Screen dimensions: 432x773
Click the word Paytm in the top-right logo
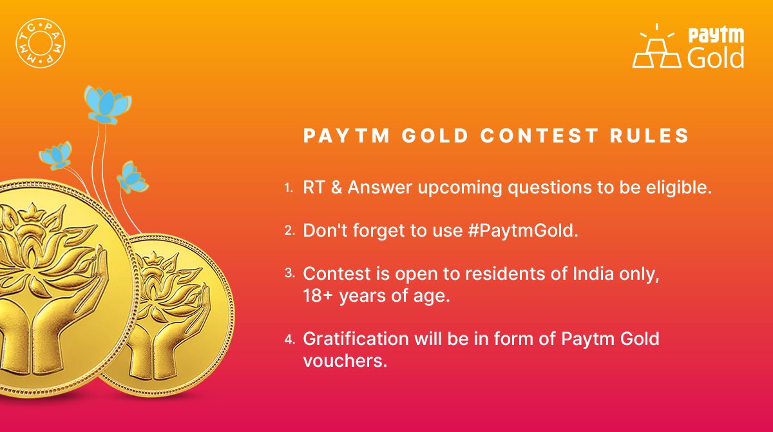tap(716, 36)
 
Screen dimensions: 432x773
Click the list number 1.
tap(288, 188)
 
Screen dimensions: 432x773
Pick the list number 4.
tap(289, 339)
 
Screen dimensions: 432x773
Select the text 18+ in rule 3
tap(318, 297)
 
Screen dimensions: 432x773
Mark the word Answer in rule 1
tap(370, 188)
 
